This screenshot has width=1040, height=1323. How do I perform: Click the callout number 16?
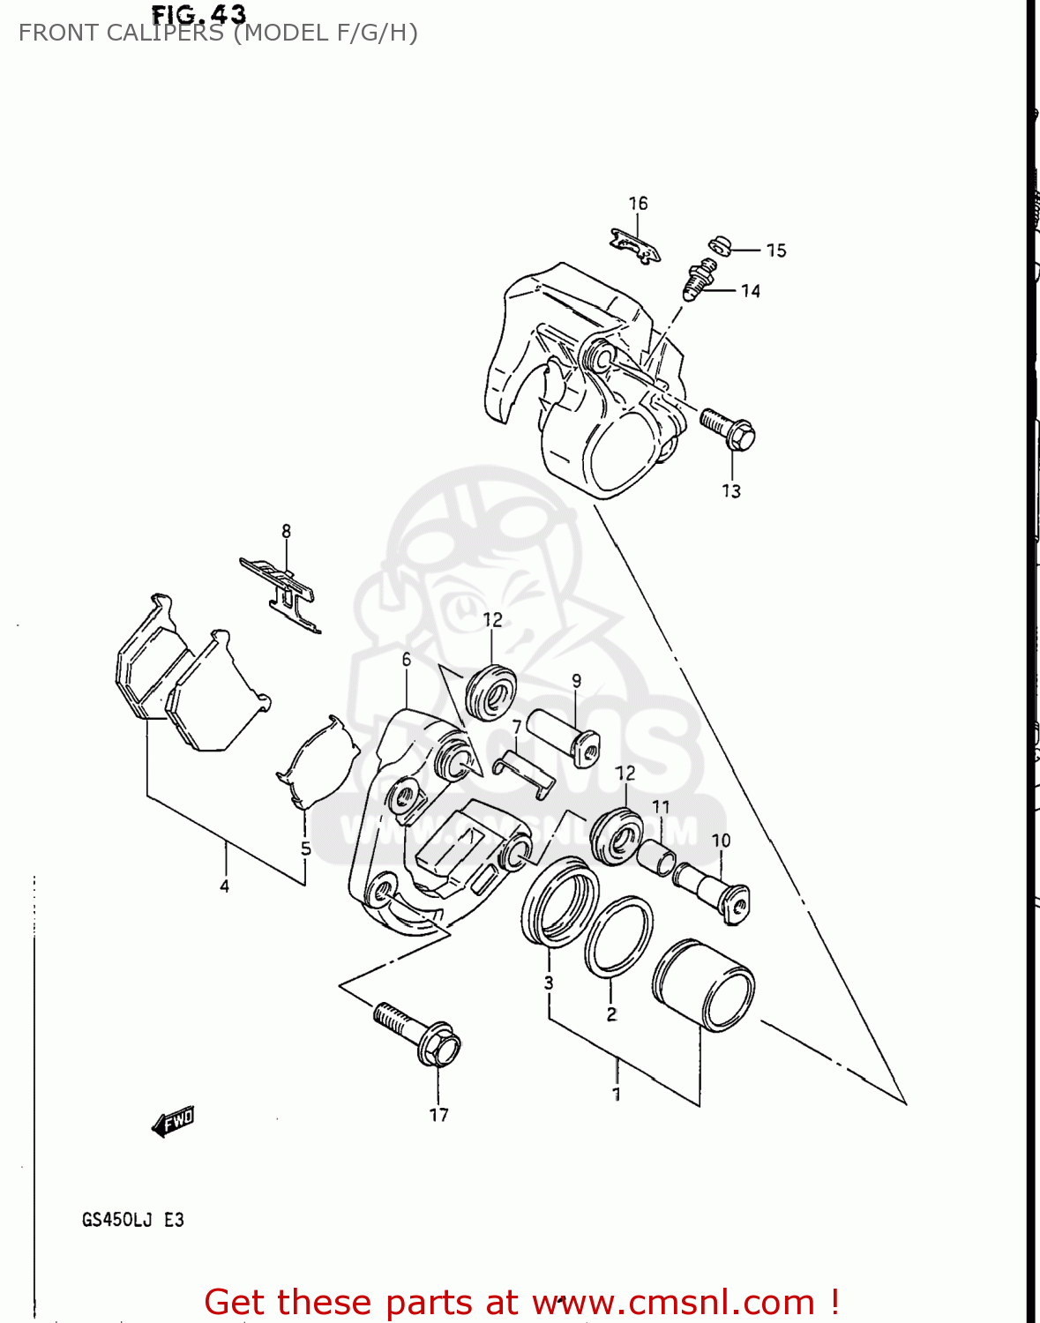pyautogui.click(x=638, y=204)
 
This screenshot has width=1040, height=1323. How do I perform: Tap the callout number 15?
pyautogui.click(x=776, y=250)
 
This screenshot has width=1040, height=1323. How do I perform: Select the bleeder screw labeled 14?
pyautogui.click(x=697, y=281)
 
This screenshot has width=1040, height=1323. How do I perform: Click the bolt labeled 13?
pyautogui.click(x=729, y=429)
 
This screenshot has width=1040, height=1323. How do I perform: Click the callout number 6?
pyautogui.click(x=407, y=659)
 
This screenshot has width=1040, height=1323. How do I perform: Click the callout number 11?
pyautogui.click(x=661, y=806)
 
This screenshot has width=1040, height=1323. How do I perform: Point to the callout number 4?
pyautogui.click(x=224, y=886)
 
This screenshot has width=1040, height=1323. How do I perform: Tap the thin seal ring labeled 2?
pyautogui.click(x=617, y=938)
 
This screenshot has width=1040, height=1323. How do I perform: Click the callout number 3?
pyautogui.click(x=549, y=983)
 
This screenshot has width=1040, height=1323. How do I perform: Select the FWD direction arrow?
pyautogui.click(x=173, y=1122)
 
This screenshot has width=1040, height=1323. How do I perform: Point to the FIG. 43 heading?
pyautogui.click(x=198, y=14)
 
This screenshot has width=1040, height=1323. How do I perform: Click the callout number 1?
pyautogui.click(x=617, y=1094)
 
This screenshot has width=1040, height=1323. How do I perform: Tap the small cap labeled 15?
pyautogui.click(x=719, y=244)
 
